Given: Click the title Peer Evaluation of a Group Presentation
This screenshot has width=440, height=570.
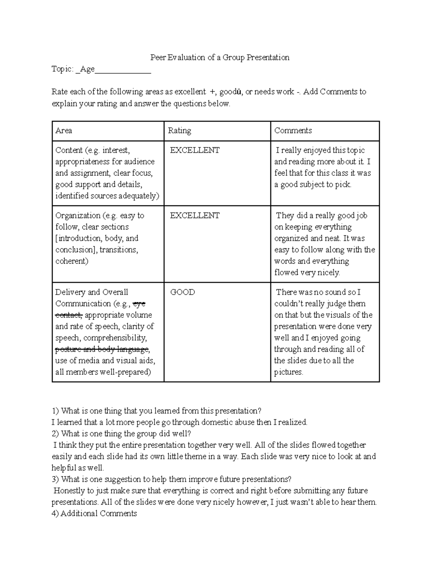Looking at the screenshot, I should [x=220, y=57].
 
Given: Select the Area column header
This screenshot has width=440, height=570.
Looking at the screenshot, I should [x=63, y=131].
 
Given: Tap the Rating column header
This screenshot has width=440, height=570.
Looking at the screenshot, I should [x=179, y=131].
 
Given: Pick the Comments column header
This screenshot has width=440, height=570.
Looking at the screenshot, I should [x=293, y=131].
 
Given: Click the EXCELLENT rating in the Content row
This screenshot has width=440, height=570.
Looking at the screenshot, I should [x=195, y=150].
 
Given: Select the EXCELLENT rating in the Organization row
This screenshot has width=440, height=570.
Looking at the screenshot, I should [x=195, y=215].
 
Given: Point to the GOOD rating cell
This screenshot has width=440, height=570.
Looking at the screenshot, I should [x=183, y=292].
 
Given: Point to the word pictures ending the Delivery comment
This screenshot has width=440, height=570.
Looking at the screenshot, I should [x=289, y=372].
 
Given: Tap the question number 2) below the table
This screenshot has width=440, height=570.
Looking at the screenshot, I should [x=55, y=433].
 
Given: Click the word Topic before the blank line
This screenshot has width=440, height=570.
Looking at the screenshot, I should [x=62, y=69].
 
